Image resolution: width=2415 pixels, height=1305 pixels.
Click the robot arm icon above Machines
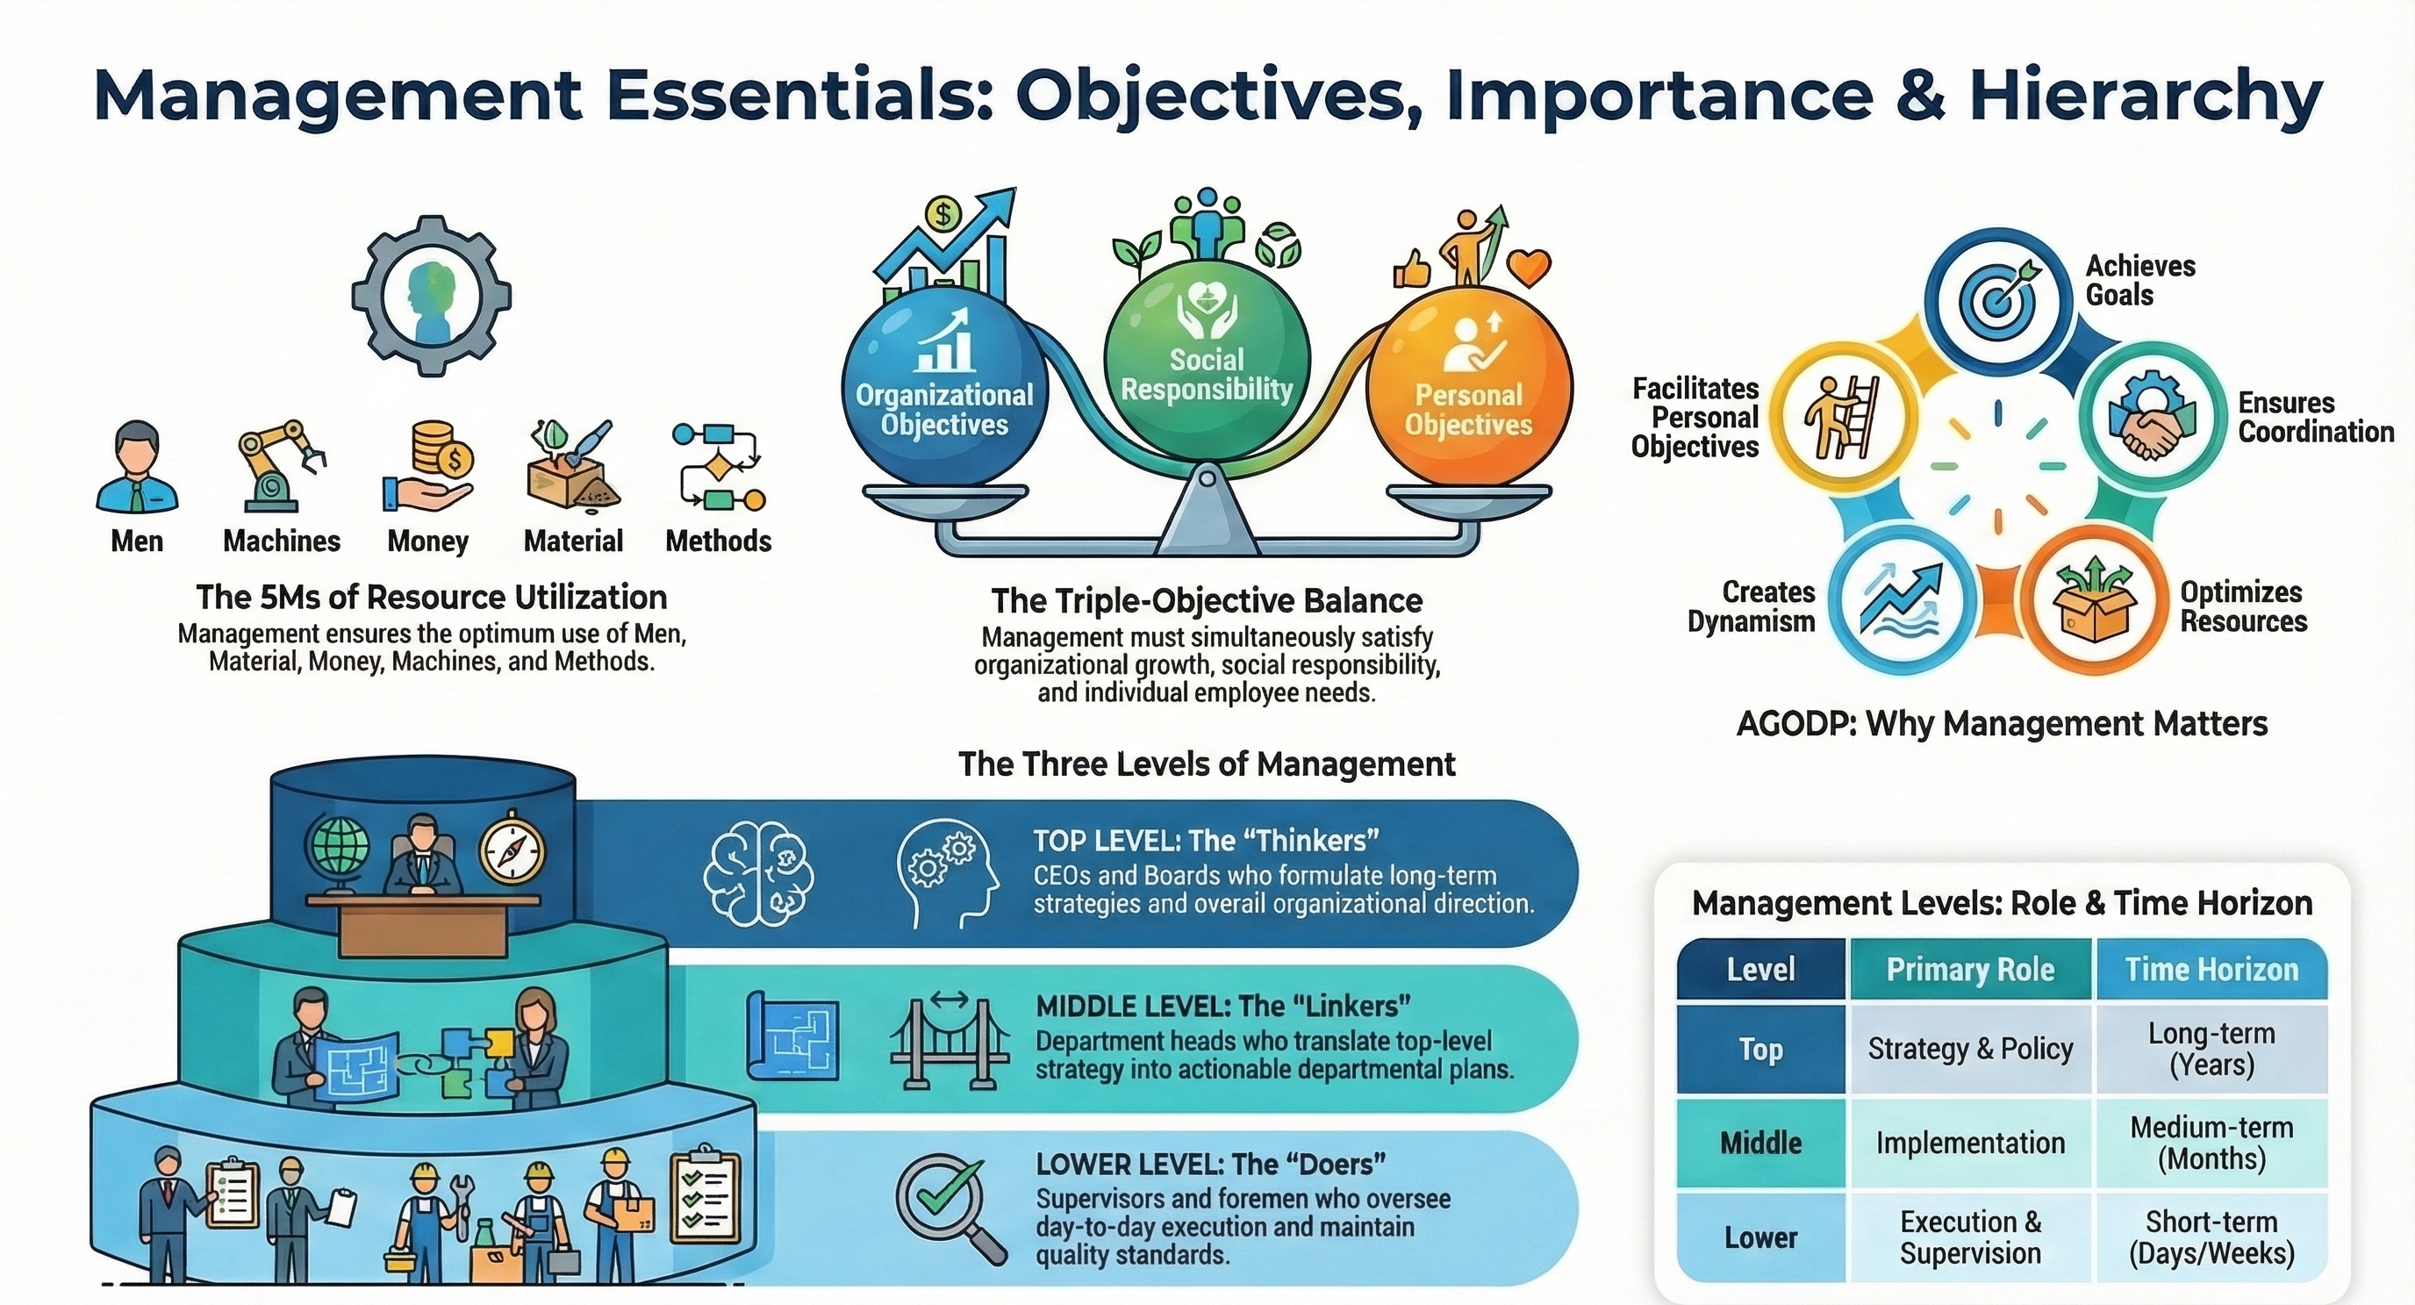280,466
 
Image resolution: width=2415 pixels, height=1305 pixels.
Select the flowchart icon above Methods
718,465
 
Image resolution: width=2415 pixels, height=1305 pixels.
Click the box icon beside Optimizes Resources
2092,600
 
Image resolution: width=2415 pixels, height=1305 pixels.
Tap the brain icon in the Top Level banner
758,873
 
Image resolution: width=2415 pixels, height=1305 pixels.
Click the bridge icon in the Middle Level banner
949,1041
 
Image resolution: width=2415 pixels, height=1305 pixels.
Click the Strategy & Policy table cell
1970,1048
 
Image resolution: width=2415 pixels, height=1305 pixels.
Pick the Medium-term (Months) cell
2211,1143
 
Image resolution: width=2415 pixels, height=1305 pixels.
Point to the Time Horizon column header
2211,968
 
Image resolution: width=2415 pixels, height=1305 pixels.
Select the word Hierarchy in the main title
2145,96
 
